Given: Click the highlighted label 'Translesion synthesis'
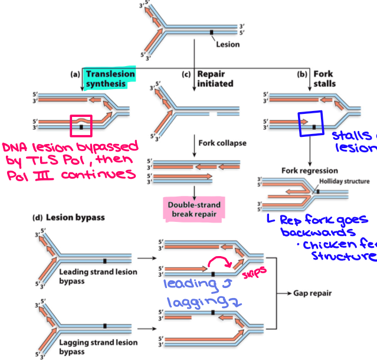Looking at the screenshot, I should pos(110,78).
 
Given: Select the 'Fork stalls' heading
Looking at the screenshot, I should pos(323,78).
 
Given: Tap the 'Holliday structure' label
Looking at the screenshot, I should pos(344,181).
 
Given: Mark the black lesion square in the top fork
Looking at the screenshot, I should pos(211,30).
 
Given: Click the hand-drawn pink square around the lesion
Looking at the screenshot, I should pos(81,125).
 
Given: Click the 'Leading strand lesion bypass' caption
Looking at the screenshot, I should pos(98,276).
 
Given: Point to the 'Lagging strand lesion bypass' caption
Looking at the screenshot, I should pos(98,346).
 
